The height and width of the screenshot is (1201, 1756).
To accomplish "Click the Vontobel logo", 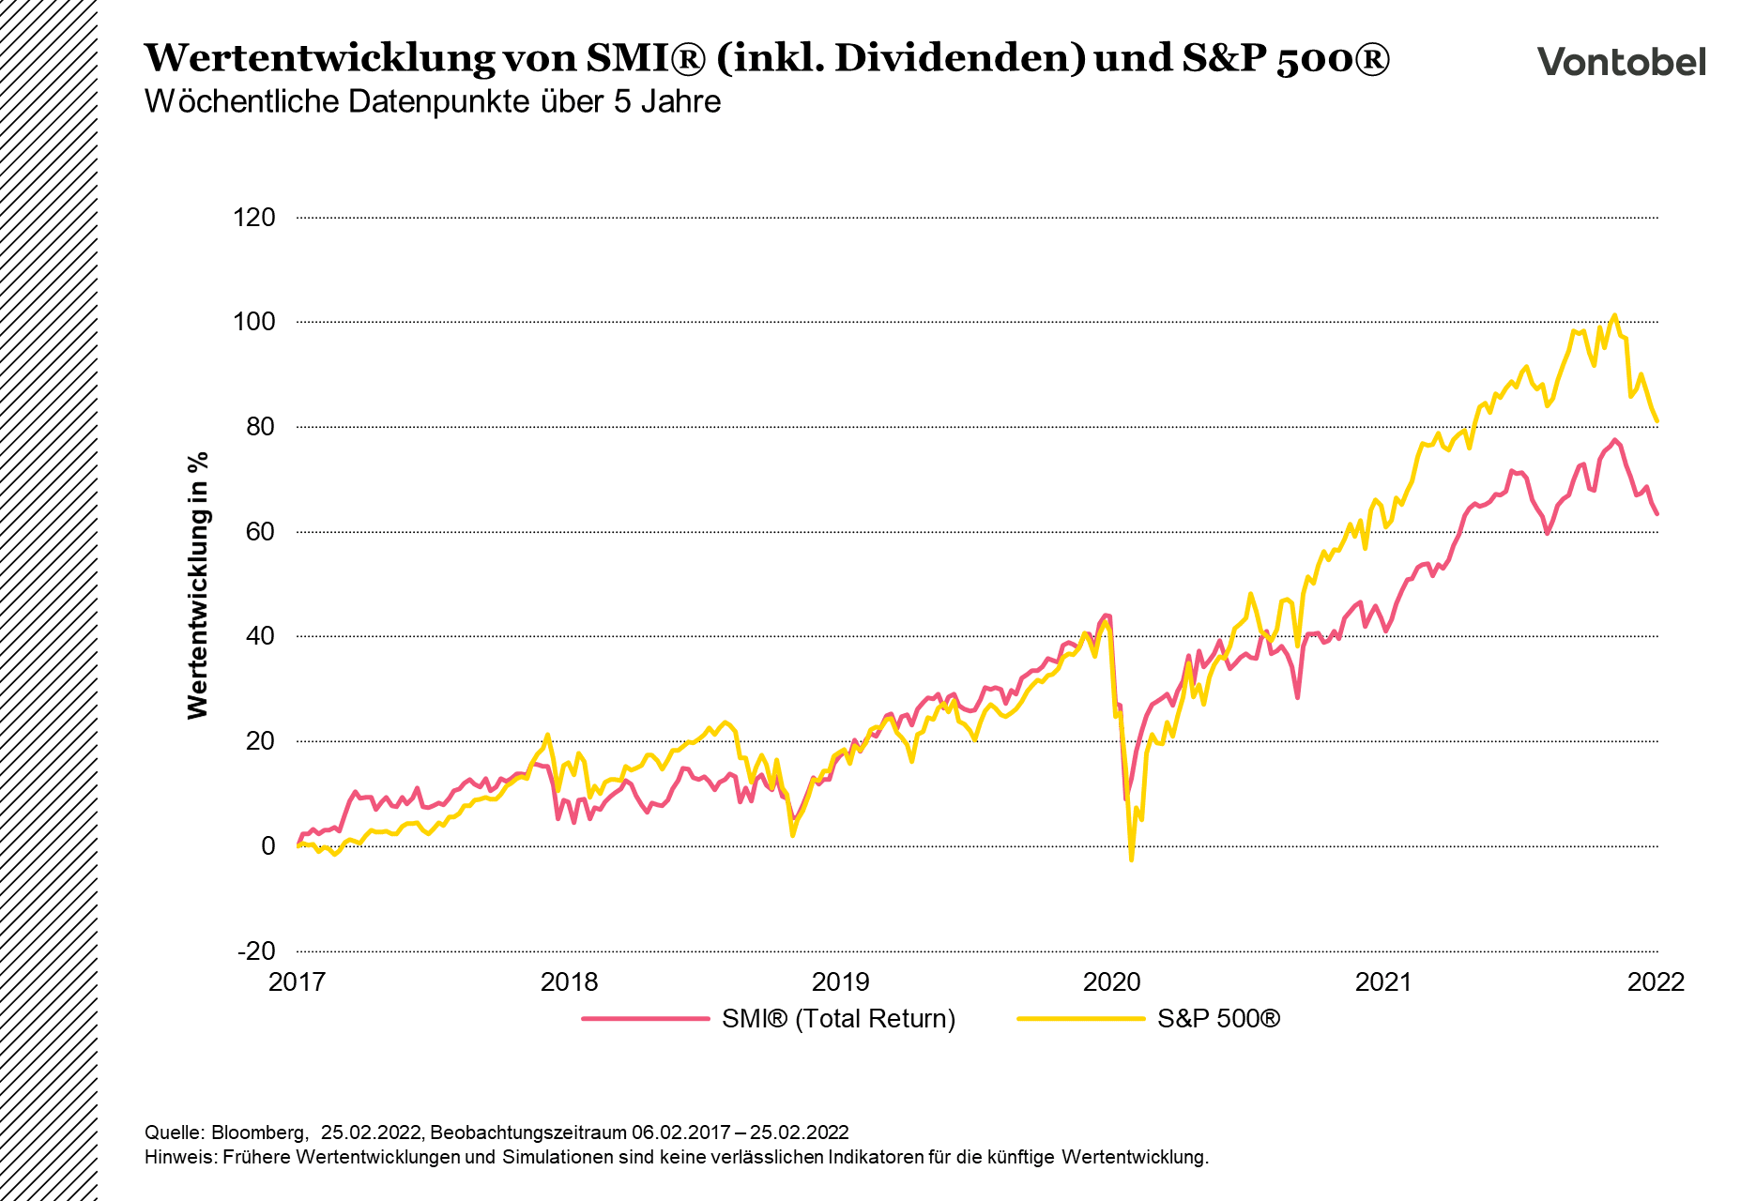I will coord(1621,62).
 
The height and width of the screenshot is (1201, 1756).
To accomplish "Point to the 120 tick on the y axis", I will coord(254,218).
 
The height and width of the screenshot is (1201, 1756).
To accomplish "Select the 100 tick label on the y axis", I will coord(254,322).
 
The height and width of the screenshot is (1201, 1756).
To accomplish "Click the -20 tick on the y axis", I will coord(257,950).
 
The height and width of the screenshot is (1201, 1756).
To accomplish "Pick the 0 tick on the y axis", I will coord(268,845).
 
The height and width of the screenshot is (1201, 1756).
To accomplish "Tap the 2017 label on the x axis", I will coord(297,982).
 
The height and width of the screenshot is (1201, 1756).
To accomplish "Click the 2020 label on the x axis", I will coord(1112,982).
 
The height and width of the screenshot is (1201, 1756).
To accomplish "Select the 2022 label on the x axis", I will coord(1656,982).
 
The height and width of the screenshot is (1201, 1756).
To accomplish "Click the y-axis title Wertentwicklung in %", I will coord(197,585).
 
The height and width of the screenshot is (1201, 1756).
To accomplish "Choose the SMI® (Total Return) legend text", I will coord(838,1019).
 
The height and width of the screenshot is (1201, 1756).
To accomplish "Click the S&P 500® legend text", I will coord(1218,1019).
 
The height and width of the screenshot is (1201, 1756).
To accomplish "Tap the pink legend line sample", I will coord(645,1019).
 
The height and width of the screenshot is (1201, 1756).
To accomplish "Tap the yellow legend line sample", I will coord(1081,1019).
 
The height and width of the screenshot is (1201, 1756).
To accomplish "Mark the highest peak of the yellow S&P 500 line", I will coord(1614,315).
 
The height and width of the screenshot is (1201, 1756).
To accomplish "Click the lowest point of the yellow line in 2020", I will coord(1131,859).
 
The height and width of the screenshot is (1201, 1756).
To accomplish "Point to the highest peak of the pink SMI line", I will coord(1614,440).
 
